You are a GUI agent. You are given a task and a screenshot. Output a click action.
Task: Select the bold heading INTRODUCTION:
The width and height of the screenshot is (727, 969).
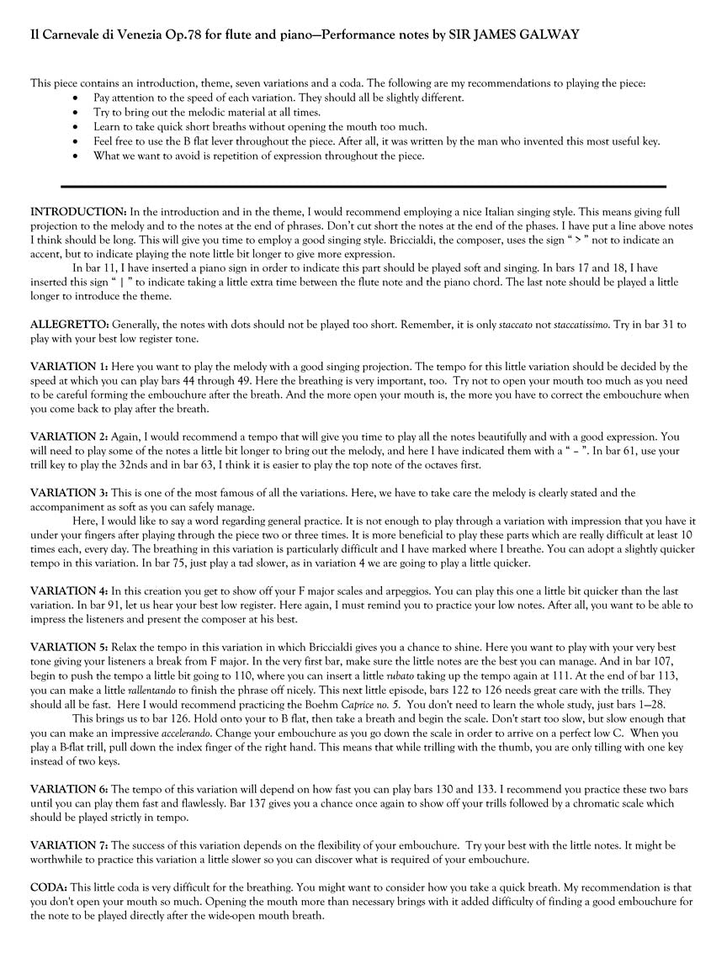78,211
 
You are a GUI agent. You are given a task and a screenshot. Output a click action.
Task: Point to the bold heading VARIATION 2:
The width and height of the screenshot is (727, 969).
69,437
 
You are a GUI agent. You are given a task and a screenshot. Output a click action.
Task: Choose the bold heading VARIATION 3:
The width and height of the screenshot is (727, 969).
69,493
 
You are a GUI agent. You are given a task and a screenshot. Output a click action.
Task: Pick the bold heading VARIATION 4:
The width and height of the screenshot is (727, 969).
69,591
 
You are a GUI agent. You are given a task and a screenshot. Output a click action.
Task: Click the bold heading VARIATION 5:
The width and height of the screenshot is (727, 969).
69,647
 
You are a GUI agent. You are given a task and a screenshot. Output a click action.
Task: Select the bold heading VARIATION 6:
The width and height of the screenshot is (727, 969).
69,788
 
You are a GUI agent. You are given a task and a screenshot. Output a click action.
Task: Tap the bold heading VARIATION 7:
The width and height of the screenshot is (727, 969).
69,845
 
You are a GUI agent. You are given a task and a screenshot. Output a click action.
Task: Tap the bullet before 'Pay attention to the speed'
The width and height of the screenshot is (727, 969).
77,98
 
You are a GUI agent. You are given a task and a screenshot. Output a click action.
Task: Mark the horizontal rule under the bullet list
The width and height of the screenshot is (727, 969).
363,186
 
